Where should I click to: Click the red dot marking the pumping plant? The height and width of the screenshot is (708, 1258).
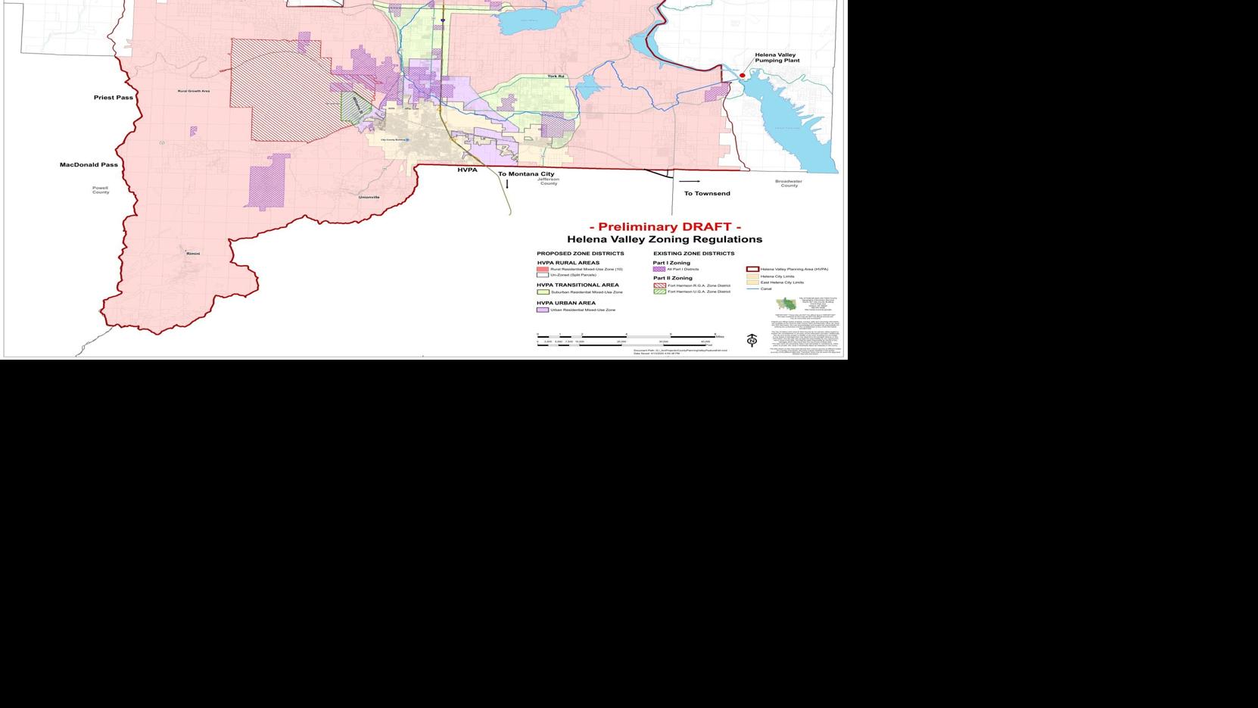coord(743,76)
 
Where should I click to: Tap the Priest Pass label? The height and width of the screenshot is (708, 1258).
coord(114,98)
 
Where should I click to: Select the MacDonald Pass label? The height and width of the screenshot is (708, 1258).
coord(89,164)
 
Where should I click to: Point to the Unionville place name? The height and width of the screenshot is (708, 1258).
coord(369,197)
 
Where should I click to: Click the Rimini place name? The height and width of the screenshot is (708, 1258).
coord(193,254)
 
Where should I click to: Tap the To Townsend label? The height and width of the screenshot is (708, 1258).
coord(707,193)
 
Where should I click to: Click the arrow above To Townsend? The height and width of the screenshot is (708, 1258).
coord(690,182)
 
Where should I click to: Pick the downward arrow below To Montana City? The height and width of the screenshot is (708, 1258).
coord(507,183)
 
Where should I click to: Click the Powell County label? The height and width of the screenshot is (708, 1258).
coord(101,190)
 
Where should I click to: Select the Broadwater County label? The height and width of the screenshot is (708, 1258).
coord(789,183)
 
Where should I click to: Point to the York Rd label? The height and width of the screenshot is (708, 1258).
coord(556,76)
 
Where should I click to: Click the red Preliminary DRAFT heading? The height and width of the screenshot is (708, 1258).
coord(665,226)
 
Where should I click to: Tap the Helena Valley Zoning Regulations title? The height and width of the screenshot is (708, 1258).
coord(665,239)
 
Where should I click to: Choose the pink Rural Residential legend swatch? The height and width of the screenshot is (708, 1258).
coord(542,270)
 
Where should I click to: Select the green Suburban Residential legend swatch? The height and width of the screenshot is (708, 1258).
coord(542,292)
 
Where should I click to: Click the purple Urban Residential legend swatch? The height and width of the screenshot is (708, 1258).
coord(542,310)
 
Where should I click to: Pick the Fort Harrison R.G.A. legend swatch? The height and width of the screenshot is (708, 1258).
coord(659,285)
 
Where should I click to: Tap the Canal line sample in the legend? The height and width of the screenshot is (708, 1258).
coord(752,289)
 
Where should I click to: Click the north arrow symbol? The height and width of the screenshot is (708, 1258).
coord(752,341)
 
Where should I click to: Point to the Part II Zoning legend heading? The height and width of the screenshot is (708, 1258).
coord(672,278)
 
